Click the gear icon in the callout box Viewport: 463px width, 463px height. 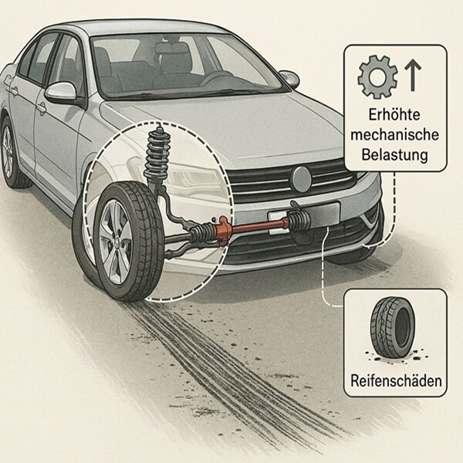(377, 76)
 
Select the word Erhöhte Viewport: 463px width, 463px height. (394, 114)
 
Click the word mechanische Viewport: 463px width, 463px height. (394, 134)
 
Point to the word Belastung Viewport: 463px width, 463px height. (394, 155)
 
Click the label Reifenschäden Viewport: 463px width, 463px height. (396, 380)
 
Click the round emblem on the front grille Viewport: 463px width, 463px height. (301, 179)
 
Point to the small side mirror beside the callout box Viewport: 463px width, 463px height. (289, 79)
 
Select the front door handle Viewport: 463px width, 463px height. (42, 108)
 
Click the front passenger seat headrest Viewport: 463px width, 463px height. (171, 51)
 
